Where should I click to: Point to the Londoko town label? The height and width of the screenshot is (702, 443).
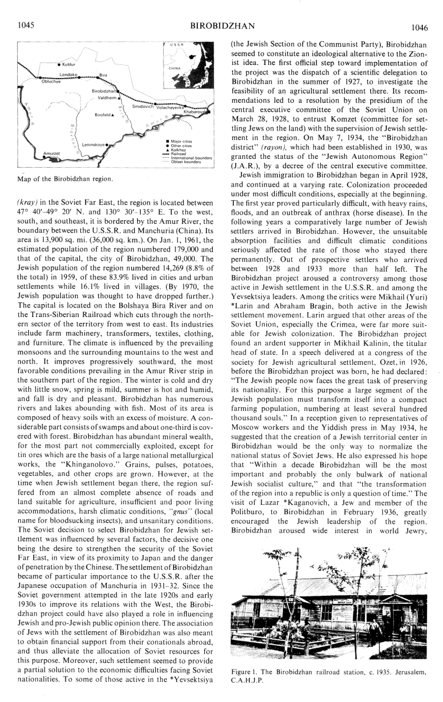(x=70, y=75)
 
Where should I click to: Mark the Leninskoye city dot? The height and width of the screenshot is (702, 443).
(x=107, y=143)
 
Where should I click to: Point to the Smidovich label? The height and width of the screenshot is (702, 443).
(x=142, y=107)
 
